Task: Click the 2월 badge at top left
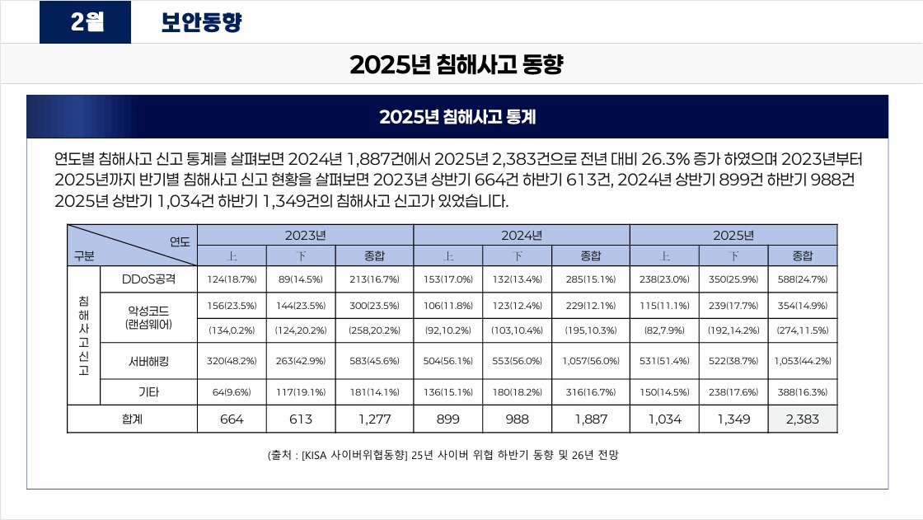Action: (86, 22)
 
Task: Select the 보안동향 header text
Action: (201, 22)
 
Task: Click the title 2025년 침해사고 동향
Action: (457, 64)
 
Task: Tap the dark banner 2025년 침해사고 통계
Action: (457, 117)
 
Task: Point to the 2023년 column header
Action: (305, 235)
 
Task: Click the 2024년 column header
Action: (521, 235)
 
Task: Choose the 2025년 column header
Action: (733, 235)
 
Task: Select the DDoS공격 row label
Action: (148, 279)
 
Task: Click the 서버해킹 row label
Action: (148, 360)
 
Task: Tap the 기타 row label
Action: (148, 392)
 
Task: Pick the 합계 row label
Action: (132, 419)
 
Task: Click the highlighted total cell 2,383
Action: (802, 419)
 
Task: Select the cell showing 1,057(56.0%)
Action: (590, 361)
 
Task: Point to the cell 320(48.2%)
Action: (232, 361)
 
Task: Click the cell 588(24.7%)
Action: (802, 279)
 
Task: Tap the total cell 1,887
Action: (590, 419)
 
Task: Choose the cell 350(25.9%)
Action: (733, 279)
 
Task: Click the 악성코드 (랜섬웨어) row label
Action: (148, 317)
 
